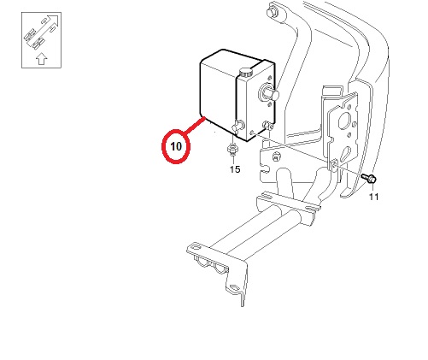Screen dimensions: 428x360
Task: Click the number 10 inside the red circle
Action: coord(176,146)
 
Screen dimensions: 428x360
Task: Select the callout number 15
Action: coord(235,169)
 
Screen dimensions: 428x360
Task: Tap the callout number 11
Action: coord(374,197)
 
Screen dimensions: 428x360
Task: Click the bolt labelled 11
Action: coord(369,178)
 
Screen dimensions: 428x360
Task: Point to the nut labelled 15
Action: coord(232,150)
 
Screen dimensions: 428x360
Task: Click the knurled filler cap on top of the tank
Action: coord(246,72)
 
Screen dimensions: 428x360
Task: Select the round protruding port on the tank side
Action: coord(269,92)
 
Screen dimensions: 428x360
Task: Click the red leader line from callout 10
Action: coord(194,126)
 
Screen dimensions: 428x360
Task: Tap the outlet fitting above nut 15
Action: coord(237,126)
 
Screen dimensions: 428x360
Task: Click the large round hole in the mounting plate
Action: coord(345,121)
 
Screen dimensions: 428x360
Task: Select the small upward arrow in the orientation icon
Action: coord(42,58)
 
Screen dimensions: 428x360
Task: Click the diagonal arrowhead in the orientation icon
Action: coord(54,20)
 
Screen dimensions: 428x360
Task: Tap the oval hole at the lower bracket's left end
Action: coord(196,247)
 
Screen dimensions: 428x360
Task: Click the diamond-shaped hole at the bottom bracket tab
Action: coord(235,287)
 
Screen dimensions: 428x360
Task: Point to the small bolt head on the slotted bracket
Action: coord(276,157)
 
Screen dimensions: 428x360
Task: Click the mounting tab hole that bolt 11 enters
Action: coord(334,166)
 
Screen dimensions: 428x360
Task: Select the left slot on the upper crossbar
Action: coord(267,197)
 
